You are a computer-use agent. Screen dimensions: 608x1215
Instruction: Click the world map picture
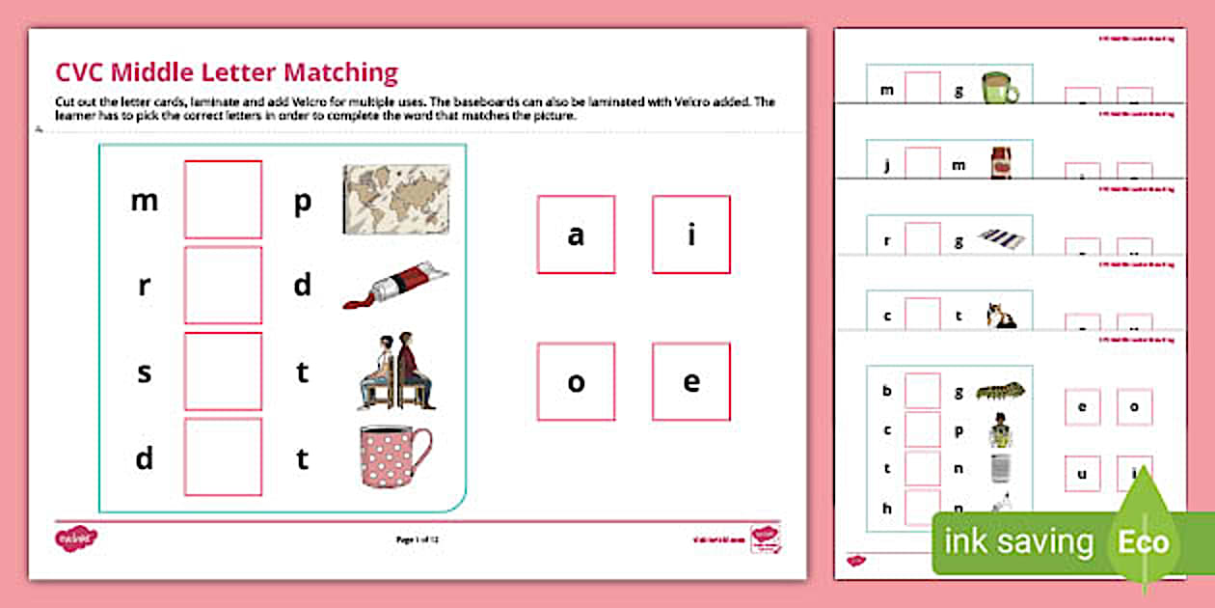(x=396, y=199)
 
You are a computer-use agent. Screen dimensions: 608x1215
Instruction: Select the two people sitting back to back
(x=396, y=371)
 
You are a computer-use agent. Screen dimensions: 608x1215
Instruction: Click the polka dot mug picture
(x=394, y=456)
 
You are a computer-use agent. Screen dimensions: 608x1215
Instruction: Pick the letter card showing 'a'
(x=576, y=235)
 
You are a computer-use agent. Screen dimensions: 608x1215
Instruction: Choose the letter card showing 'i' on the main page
(x=691, y=235)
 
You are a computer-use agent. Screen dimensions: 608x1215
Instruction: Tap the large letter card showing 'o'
(x=576, y=381)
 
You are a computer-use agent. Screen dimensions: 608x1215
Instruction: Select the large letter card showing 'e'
(x=691, y=381)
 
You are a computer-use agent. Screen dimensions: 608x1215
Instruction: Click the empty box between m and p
(x=223, y=200)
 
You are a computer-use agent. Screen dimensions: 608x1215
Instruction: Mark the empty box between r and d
(x=223, y=285)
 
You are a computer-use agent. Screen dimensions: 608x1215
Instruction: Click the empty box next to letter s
(x=223, y=372)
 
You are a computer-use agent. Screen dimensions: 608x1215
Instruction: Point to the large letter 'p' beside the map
(x=302, y=203)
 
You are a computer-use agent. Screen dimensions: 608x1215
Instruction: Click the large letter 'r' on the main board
(x=144, y=286)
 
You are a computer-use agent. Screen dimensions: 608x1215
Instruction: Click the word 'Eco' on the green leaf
(x=1144, y=541)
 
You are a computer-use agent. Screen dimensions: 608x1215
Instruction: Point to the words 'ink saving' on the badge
(x=1019, y=542)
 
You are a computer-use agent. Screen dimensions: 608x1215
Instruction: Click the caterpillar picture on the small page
(x=1000, y=392)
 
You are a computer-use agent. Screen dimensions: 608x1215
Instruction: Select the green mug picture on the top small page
(x=1000, y=89)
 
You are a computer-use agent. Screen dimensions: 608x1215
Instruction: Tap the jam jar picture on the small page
(x=999, y=163)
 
